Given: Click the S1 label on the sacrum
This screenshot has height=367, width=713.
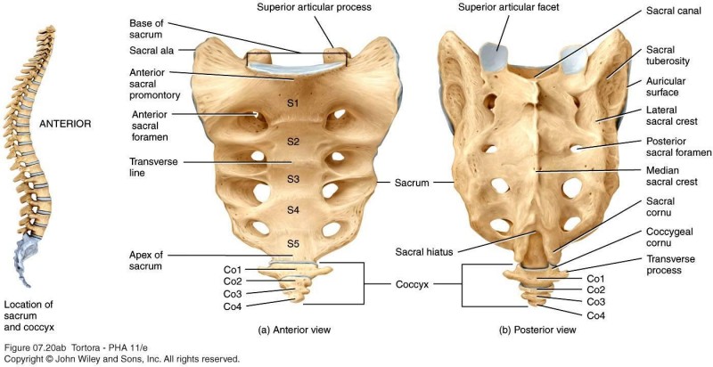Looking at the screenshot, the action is tap(292, 103).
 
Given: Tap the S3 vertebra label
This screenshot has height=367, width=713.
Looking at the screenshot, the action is tap(293, 179).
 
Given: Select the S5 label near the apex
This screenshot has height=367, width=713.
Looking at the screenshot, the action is tap(293, 244).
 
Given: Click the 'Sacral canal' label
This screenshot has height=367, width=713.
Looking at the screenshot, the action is tap(674, 11).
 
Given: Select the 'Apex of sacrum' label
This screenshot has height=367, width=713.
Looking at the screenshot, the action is tap(146, 261).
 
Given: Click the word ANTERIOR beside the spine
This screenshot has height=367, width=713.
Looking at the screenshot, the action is tap(65, 124).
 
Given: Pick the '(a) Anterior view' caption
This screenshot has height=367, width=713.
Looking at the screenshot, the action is tap(294, 330).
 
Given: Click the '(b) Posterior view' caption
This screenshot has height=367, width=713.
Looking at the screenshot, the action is tap(540, 330).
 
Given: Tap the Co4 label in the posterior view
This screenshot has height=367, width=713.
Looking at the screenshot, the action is tap(595, 315).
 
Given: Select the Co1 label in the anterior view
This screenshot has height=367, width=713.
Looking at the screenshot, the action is tap(233, 270).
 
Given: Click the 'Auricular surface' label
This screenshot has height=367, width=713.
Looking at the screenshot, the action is tap(666, 86).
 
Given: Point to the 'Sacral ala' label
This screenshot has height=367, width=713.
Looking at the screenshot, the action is tap(152, 51).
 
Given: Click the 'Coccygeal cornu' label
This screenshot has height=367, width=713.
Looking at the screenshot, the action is tap(670, 237).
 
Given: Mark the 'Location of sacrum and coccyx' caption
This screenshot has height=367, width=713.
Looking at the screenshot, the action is tap(29, 315).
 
